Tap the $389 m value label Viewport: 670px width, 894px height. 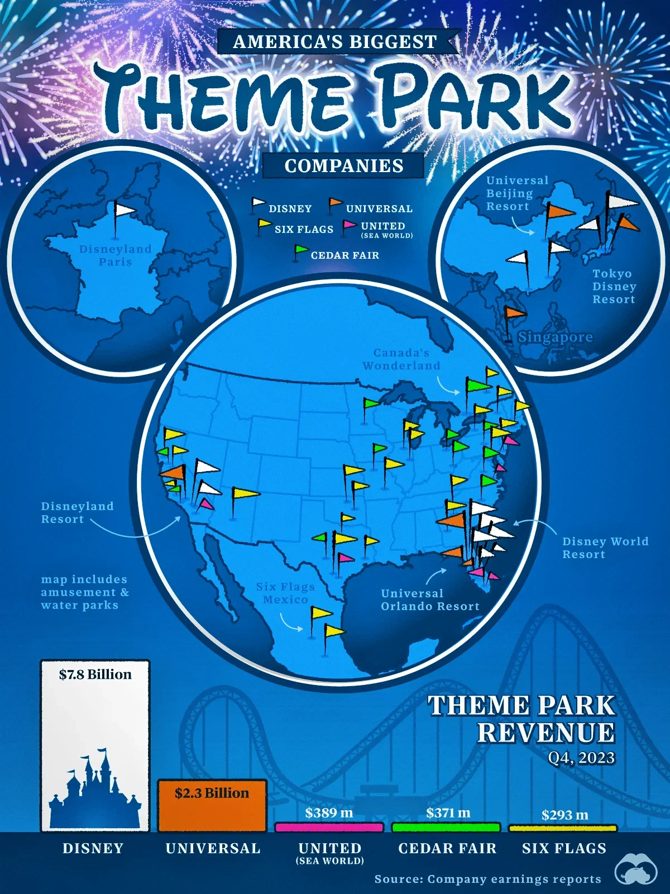click(329, 813)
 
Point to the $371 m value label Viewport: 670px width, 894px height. click(448, 813)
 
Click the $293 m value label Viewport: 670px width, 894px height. click(564, 815)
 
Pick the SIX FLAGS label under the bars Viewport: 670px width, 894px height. click(564, 848)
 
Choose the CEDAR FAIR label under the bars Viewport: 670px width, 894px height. click(447, 848)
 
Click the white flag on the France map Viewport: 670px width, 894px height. click(124, 211)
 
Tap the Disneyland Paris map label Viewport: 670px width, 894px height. click(116, 255)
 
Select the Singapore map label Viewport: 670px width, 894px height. click(555, 337)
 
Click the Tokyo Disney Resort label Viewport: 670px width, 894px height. click(614, 287)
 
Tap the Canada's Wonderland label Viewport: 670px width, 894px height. click(401, 359)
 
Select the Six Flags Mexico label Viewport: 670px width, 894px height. click(285, 593)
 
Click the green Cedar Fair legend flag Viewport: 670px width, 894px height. click(301, 250)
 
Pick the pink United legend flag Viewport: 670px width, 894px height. click(350, 225)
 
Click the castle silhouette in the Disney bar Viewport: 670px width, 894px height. click(95, 791)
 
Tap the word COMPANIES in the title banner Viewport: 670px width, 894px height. click(344, 166)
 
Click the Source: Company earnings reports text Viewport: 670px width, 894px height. click(487, 879)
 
